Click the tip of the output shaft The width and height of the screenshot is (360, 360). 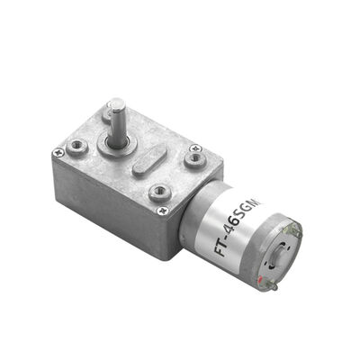click(114, 105)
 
